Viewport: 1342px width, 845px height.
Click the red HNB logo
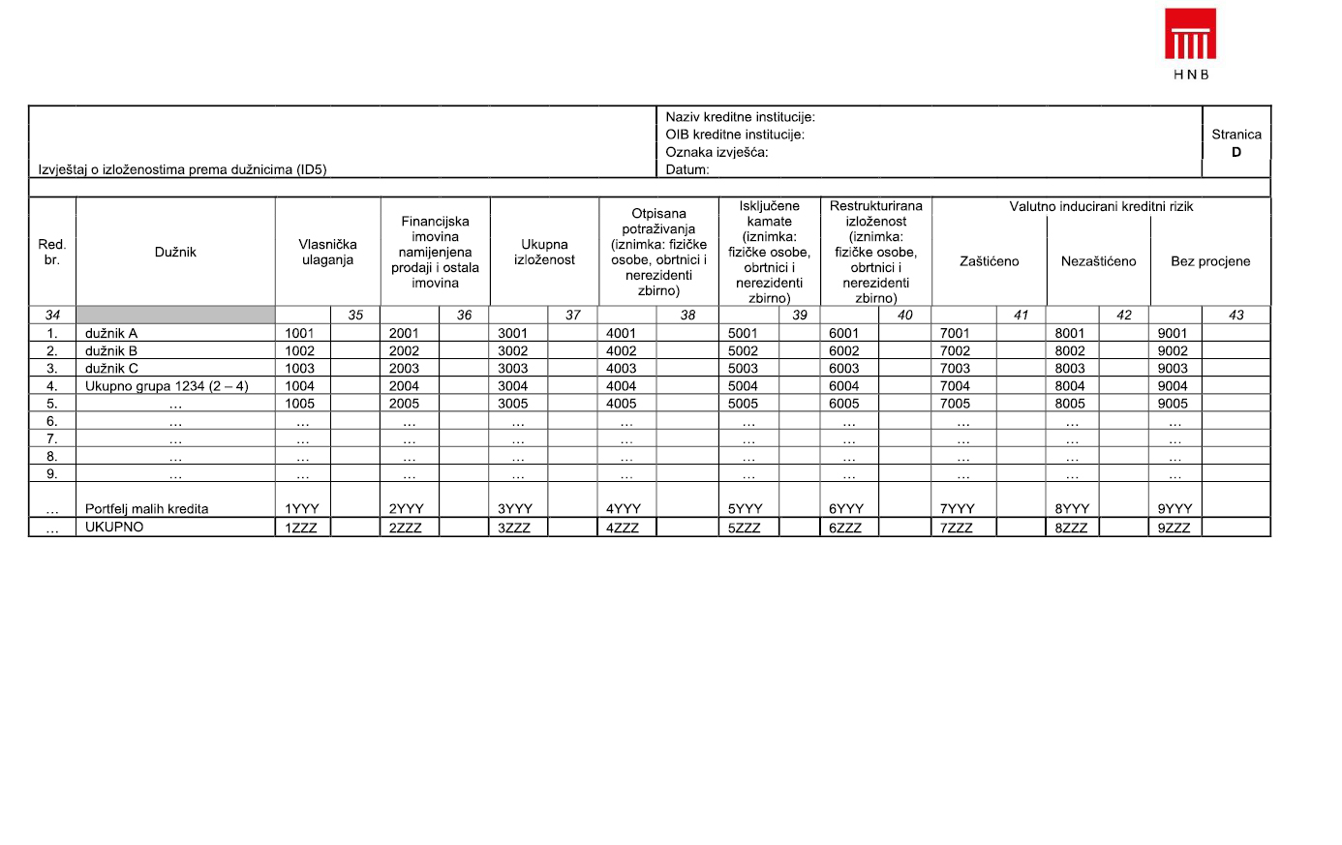(x=1190, y=36)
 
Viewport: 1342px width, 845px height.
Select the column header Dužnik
(x=175, y=252)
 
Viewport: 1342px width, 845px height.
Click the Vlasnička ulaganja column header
(x=327, y=252)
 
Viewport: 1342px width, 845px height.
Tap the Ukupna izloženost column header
(x=544, y=252)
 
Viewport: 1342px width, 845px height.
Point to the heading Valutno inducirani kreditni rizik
(x=1101, y=206)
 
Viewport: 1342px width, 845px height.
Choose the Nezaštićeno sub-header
(x=1098, y=261)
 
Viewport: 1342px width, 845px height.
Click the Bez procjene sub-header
(x=1210, y=261)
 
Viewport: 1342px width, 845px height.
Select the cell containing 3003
(x=513, y=369)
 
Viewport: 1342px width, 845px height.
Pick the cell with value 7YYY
(x=958, y=509)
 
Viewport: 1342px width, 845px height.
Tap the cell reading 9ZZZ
(x=1174, y=528)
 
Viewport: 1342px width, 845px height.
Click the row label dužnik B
(x=111, y=351)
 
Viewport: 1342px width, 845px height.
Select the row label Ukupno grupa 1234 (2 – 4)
(x=167, y=386)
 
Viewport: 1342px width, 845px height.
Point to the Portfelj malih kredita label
(x=146, y=509)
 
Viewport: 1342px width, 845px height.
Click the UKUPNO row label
(x=114, y=528)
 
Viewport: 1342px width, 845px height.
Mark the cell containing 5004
(x=743, y=386)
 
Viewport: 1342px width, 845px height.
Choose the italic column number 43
(x=1235, y=315)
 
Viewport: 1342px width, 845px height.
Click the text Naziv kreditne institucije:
(x=740, y=117)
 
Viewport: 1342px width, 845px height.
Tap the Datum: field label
(x=687, y=169)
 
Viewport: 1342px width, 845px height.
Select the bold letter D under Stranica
(x=1236, y=152)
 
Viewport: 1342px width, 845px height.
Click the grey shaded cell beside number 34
(x=175, y=315)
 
